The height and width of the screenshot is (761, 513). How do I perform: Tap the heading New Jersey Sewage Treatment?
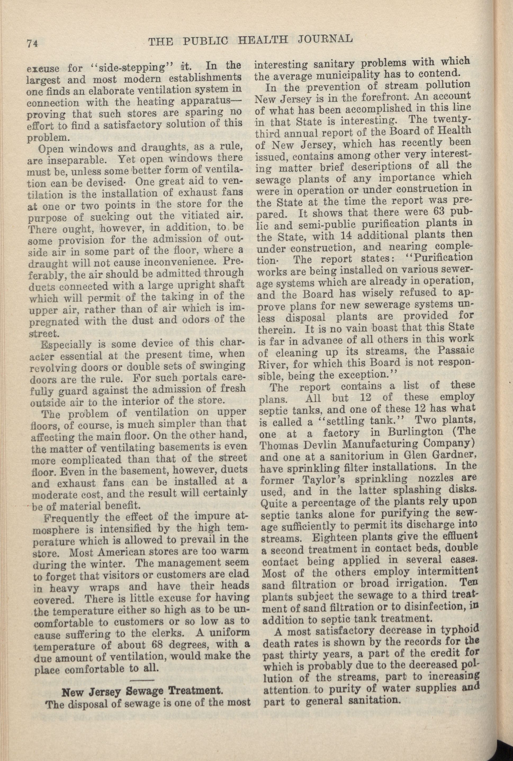142,726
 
